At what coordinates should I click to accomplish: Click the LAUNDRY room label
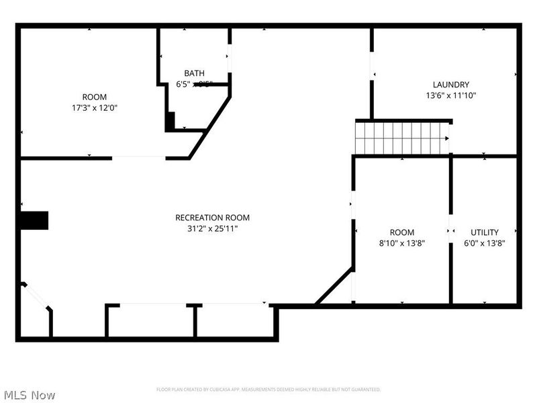coord(450,85)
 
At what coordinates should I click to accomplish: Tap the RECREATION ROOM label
coord(212,217)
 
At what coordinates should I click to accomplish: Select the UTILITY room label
coord(484,232)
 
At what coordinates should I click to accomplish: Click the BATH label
coord(195,73)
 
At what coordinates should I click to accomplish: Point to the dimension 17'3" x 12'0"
coord(94,107)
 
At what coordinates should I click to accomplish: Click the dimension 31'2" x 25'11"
coord(212,228)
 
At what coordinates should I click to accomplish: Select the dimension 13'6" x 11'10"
coord(450,95)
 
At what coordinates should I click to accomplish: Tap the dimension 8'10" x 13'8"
coord(401,243)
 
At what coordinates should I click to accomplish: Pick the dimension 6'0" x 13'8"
coord(484,243)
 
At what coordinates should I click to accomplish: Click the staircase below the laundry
coord(401,138)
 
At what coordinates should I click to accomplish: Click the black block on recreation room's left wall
coord(34,220)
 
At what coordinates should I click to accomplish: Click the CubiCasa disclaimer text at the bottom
coord(268,390)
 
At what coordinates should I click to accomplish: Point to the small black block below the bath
coord(170,121)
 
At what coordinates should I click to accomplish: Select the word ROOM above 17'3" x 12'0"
coord(94,97)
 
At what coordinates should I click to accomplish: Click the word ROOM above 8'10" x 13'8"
coord(401,232)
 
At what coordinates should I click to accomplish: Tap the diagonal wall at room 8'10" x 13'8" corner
coord(334,286)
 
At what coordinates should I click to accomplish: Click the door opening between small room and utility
coord(450,228)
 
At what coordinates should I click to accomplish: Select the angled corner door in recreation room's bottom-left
coord(36,296)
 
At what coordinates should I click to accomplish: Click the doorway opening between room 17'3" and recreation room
coord(138,158)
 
